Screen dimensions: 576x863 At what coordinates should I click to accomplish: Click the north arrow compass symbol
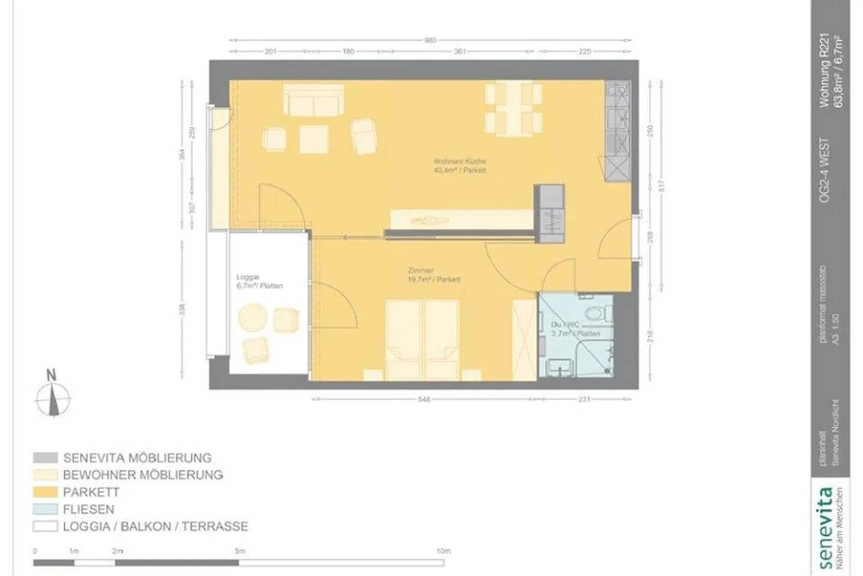(x=53, y=397)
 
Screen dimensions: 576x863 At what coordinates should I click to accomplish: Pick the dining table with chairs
(x=514, y=109)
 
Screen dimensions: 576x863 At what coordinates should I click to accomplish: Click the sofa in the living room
(x=313, y=99)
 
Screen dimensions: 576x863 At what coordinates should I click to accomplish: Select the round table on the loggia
(x=252, y=318)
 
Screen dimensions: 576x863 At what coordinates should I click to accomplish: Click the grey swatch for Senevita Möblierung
(x=45, y=458)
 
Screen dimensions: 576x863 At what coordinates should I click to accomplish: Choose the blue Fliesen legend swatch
(x=45, y=509)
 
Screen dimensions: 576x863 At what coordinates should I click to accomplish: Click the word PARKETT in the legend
(x=91, y=492)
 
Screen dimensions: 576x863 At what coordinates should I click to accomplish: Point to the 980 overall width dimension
(x=430, y=40)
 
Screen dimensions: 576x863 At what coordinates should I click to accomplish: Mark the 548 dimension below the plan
(x=423, y=399)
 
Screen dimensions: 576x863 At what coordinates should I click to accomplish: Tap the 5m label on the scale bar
(x=240, y=551)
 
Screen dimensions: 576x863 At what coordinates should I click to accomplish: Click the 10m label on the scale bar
(x=443, y=551)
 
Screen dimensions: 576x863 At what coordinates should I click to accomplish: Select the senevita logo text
(x=825, y=528)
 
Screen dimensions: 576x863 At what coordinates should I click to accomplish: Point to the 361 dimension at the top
(x=460, y=52)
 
